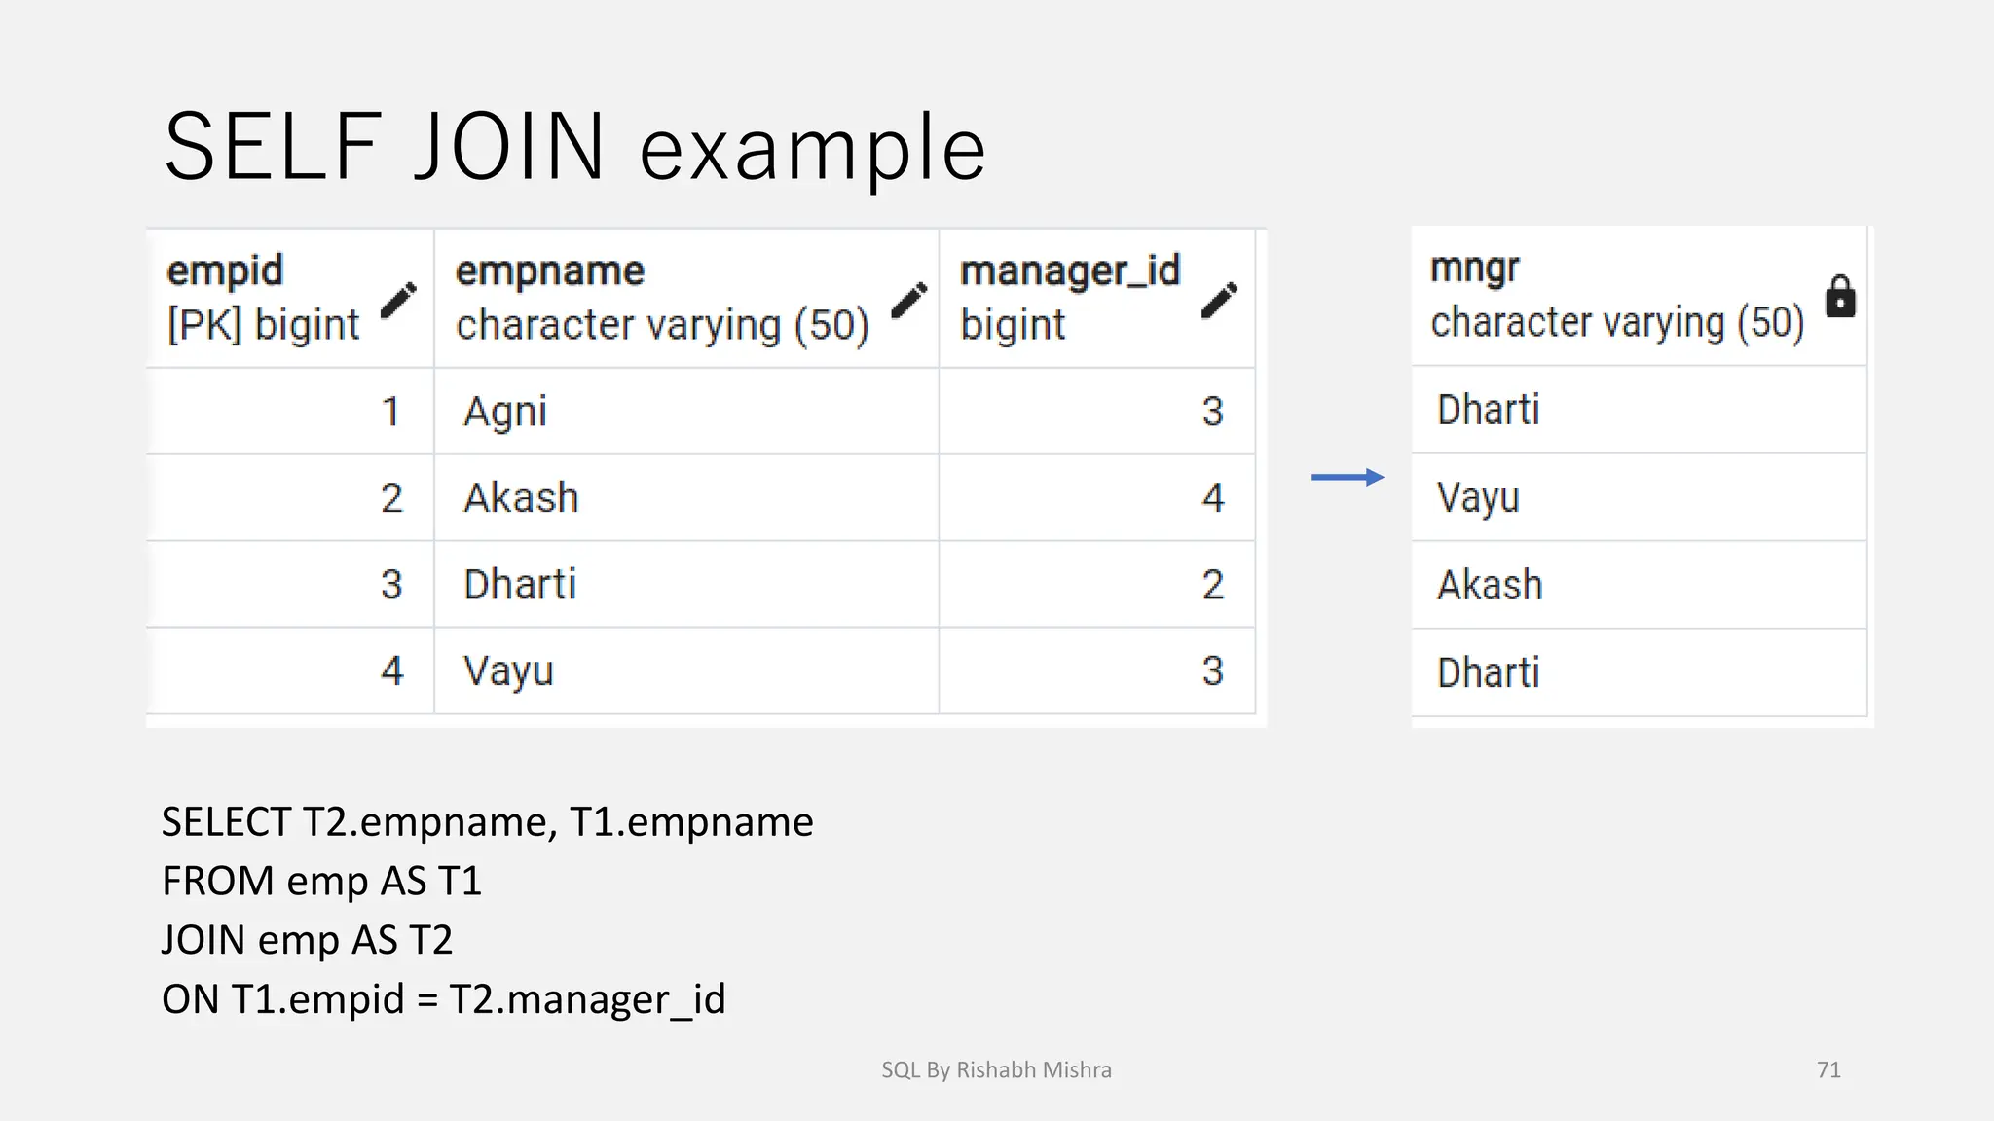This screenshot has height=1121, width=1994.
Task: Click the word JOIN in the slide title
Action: click(x=510, y=148)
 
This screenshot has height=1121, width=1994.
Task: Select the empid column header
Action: click(x=225, y=271)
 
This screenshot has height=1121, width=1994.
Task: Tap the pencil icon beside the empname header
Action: click(x=909, y=300)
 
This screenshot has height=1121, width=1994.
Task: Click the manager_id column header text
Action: click(x=1069, y=271)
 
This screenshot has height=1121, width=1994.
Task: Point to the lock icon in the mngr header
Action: click(x=1839, y=297)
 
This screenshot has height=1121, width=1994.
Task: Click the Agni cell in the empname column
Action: click(x=504, y=412)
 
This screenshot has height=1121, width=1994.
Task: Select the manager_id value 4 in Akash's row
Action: click(x=1212, y=498)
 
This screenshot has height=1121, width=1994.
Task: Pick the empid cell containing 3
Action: click(x=391, y=585)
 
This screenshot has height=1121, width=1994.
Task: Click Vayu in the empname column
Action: click(x=508, y=671)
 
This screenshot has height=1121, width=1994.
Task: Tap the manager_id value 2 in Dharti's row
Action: click(x=1212, y=585)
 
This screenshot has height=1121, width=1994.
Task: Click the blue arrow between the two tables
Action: click(x=1348, y=477)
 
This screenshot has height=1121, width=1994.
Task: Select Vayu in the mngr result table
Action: click(x=1478, y=498)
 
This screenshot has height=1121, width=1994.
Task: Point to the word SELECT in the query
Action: click(x=226, y=822)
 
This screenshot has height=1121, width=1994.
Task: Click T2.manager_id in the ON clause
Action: click(x=587, y=999)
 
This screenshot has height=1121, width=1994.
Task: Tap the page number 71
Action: click(x=1828, y=1070)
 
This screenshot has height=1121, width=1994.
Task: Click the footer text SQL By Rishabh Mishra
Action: click(x=996, y=1070)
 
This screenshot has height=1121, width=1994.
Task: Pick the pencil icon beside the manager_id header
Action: click(x=1219, y=300)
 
